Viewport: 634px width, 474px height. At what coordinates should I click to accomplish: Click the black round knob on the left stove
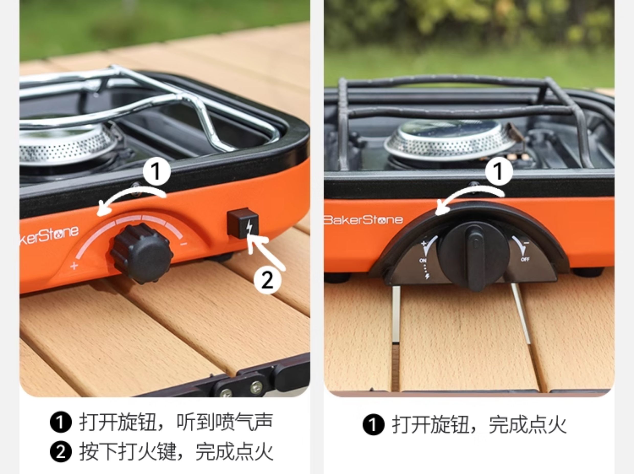pyautogui.click(x=141, y=253)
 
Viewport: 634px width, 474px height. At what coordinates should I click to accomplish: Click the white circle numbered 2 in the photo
pyautogui.click(x=267, y=280)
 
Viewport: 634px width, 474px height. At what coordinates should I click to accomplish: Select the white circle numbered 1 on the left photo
pyautogui.click(x=156, y=172)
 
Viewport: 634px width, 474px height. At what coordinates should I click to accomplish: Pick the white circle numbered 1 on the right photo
pyautogui.click(x=499, y=171)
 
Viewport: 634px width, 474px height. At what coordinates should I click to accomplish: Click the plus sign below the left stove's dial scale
pyautogui.click(x=74, y=266)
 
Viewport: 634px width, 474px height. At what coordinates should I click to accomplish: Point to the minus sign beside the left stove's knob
pyautogui.click(x=184, y=244)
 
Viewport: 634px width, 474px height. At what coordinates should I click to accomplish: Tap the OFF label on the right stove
pyautogui.click(x=525, y=259)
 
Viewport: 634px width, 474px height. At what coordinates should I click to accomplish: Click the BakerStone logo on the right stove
pyautogui.click(x=364, y=220)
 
